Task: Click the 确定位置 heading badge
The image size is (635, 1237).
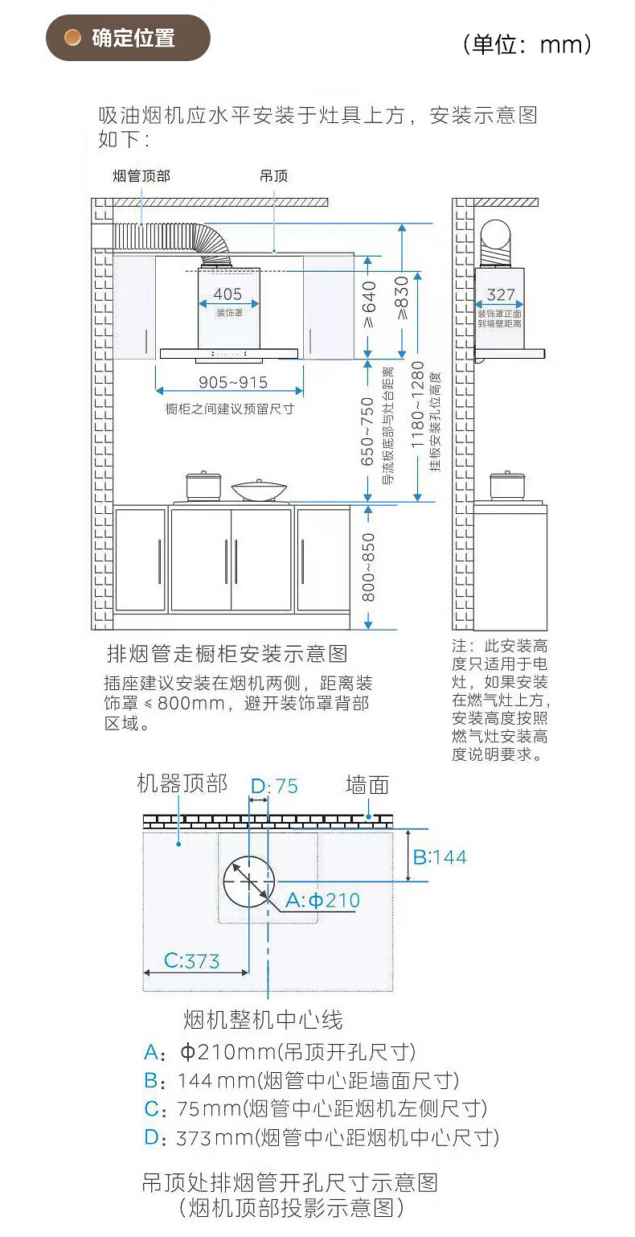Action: (128, 38)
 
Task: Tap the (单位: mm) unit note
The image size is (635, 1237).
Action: (527, 43)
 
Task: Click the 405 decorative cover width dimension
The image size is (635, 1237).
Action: (227, 294)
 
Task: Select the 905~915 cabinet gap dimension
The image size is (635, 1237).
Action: (233, 383)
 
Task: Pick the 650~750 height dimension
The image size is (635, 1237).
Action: (367, 431)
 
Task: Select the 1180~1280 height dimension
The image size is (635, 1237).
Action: (418, 415)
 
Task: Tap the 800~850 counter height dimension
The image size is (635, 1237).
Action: (368, 566)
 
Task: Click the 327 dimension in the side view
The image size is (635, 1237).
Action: (501, 295)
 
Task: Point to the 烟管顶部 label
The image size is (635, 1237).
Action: (141, 176)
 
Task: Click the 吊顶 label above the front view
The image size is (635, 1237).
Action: (273, 176)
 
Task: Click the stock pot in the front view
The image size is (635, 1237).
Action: (203, 486)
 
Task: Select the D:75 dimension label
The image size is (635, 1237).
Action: (274, 786)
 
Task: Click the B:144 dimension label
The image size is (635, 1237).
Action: (439, 857)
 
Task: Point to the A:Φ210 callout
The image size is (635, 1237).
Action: (322, 900)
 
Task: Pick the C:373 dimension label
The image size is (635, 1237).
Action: (191, 960)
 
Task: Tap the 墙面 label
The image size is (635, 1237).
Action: (367, 784)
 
